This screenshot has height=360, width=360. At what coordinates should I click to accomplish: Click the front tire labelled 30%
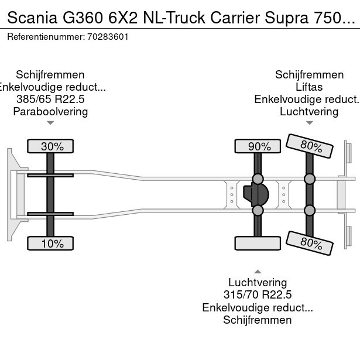(x=52, y=146)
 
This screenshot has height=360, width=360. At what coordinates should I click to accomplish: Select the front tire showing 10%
(x=52, y=244)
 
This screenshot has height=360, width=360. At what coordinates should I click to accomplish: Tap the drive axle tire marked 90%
(x=256, y=146)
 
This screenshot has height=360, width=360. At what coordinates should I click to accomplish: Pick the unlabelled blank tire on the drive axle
(x=256, y=243)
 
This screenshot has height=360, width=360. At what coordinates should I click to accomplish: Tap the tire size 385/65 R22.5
(x=50, y=100)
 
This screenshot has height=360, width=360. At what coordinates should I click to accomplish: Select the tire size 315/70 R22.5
(x=258, y=295)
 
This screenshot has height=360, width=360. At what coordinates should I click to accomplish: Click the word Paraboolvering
(x=50, y=112)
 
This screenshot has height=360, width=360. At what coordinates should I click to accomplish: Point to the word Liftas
(x=309, y=87)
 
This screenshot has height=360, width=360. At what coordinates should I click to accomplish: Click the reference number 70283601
(x=109, y=36)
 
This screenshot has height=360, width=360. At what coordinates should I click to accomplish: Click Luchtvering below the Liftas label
(x=309, y=112)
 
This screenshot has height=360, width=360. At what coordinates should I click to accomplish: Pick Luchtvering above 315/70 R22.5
(x=258, y=283)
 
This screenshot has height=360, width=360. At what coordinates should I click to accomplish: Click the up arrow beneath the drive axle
(x=258, y=271)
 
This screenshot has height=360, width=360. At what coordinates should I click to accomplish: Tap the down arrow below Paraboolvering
(x=50, y=123)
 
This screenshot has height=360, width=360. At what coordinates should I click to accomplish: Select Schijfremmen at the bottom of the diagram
(x=258, y=320)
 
